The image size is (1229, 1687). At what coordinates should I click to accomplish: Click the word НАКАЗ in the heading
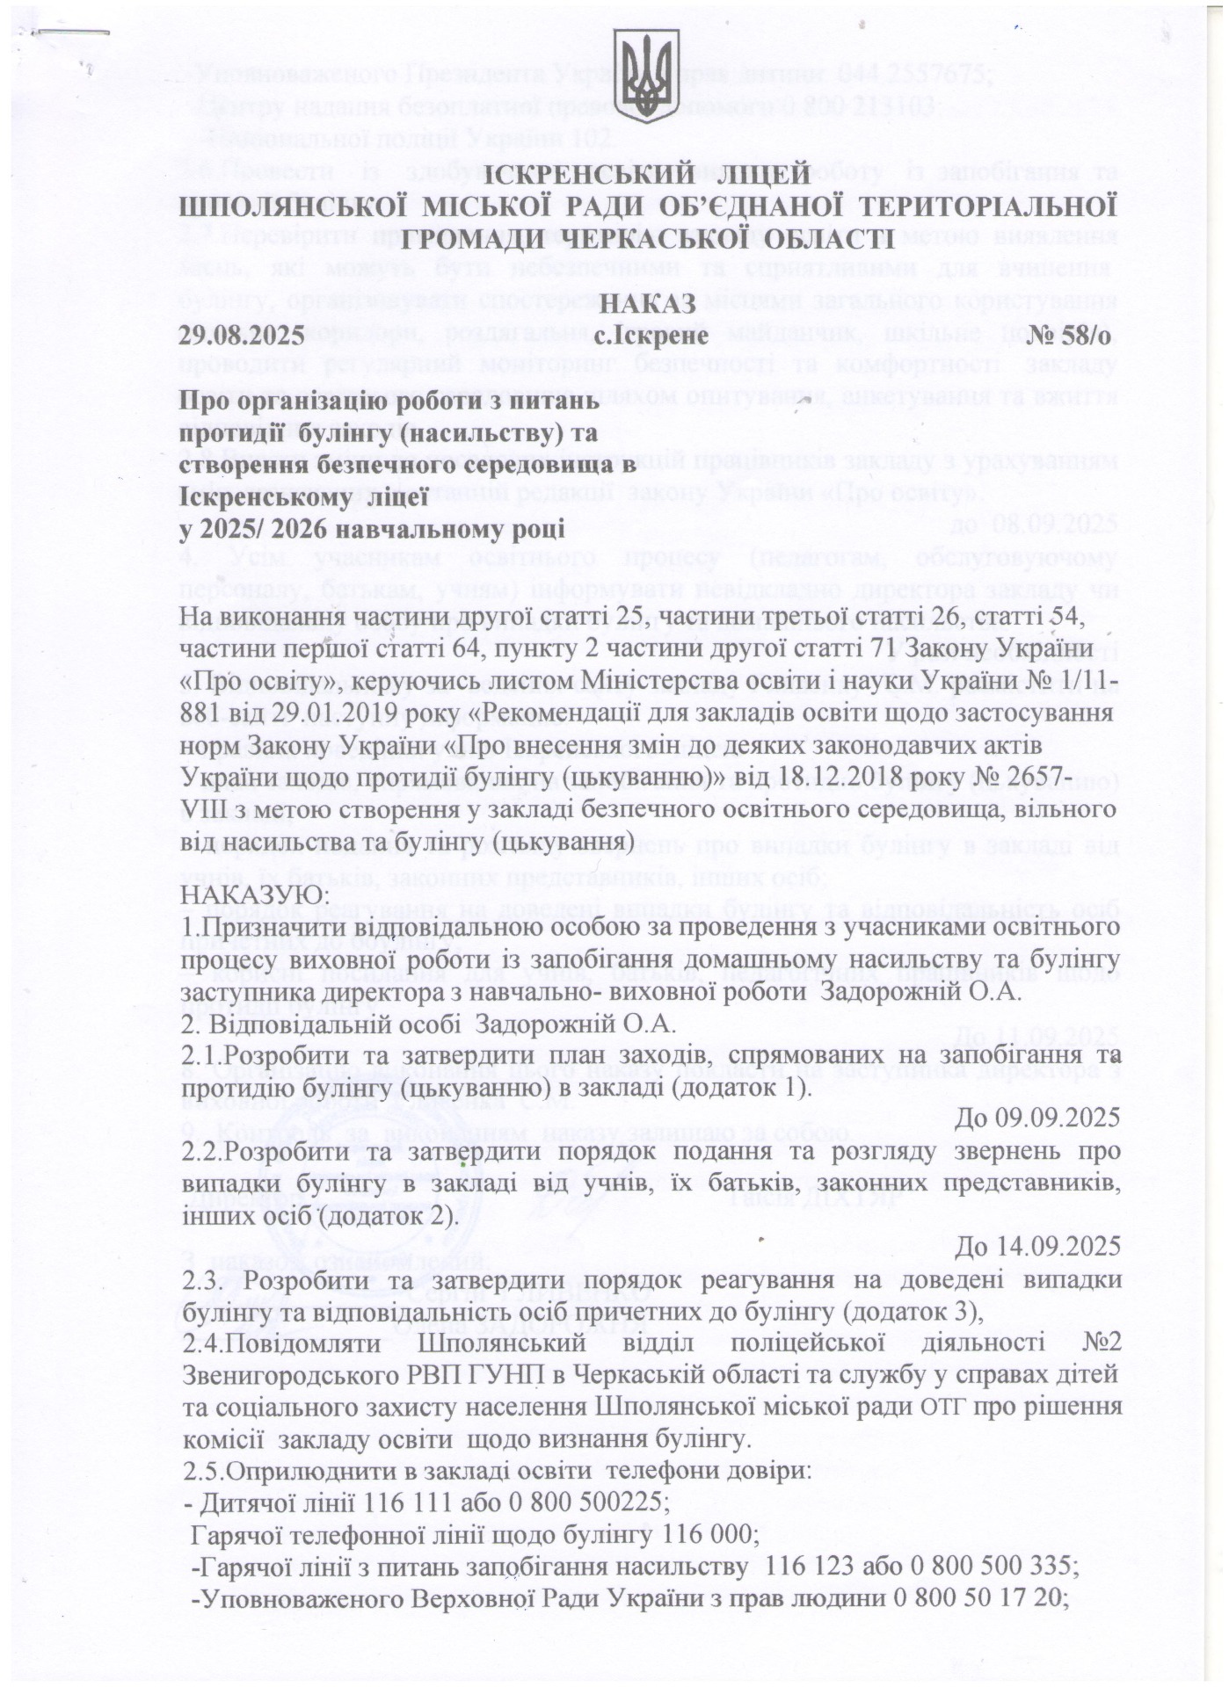coord(648,303)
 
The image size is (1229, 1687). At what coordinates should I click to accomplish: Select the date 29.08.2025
coord(241,335)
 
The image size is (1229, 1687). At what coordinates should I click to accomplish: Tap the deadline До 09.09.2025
coord(1037,1117)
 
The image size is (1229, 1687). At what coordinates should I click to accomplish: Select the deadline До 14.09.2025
coord(1037,1246)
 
